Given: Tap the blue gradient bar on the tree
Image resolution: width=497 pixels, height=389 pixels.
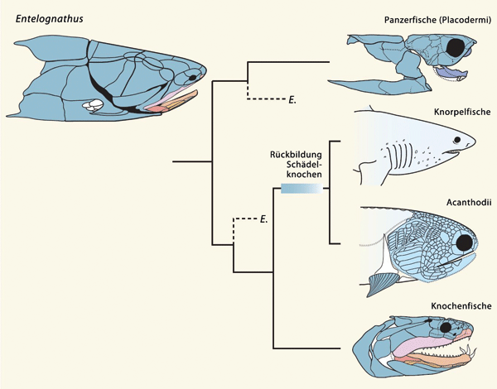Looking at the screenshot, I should (x=299, y=189).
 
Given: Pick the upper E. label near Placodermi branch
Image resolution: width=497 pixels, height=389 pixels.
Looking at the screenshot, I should (x=292, y=100).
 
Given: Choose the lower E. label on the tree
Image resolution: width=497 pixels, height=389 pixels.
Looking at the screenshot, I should (x=263, y=219).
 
